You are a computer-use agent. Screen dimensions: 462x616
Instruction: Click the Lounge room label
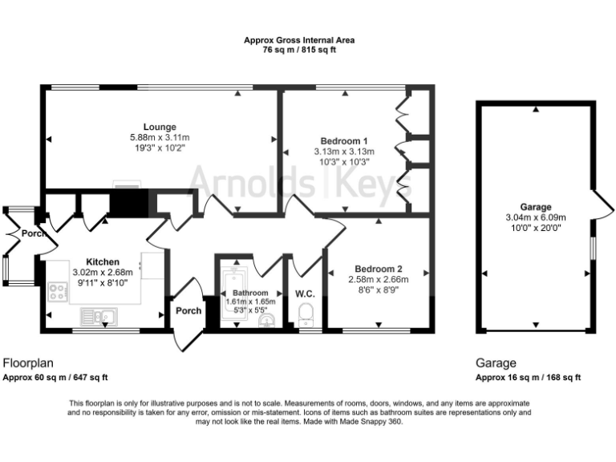click(x=160, y=127)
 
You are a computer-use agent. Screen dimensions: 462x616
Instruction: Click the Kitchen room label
click(x=103, y=261)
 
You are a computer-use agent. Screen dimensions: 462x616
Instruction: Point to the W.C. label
click(x=306, y=293)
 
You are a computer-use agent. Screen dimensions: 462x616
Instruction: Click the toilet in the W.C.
click(x=306, y=319)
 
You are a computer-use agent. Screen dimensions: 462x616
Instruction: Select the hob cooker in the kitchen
click(x=58, y=292)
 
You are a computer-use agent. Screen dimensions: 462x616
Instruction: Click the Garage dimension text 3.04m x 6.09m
click(x=535, y=217)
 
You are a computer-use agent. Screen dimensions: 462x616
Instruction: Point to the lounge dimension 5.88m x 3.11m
click(x=160, y=137)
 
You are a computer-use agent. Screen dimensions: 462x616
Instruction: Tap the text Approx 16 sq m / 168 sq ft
click(x=528, y=377)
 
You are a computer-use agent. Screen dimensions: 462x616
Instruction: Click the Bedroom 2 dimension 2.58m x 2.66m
click(x=378, y=279)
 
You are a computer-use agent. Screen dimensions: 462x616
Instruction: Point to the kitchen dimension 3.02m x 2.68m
click(x=103, y=272)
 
